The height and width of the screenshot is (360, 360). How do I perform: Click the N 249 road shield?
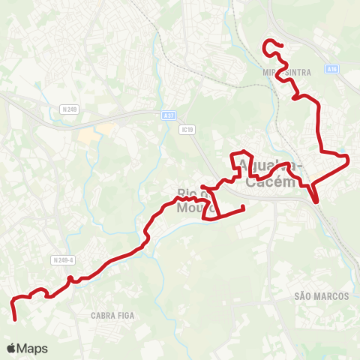point(70,109)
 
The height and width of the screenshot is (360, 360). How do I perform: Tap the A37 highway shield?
point(169,115)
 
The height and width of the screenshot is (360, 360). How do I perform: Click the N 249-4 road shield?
point(64,259)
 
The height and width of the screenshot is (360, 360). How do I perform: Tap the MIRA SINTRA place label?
point(286,71)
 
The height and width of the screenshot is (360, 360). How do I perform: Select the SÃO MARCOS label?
point(322,296)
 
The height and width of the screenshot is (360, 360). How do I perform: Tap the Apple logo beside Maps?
point(11,349)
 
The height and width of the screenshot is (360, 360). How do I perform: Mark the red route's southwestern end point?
point(16,319)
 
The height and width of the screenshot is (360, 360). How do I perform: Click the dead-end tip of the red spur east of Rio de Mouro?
point(244,208)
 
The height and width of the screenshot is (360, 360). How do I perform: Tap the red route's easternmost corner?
point(349,158)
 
